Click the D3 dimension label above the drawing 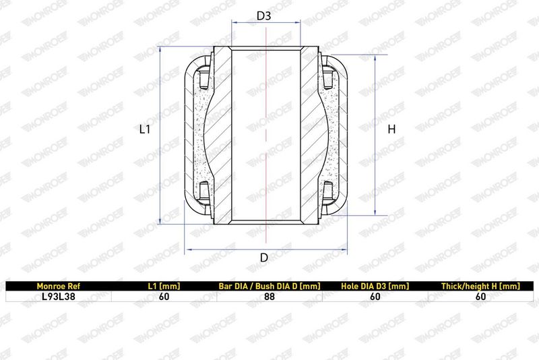tap(264, 16)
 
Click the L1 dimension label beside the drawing tap(145, 129)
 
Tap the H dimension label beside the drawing tap(391, 129)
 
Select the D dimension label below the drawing tap(264, 258)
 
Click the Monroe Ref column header tap(59, 286)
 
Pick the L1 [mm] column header tap(164, 286)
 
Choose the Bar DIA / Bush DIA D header tap(269, 286)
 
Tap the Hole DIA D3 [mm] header tap(375, 286)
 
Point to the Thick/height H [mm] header tap(480, 286)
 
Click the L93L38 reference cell tap(59, 297)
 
